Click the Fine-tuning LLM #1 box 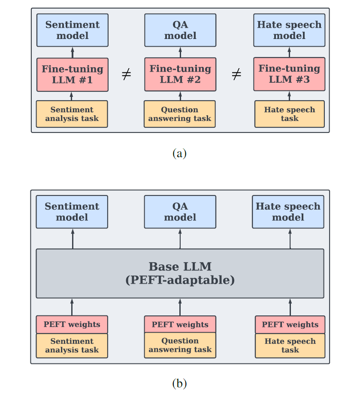[x=72, y=75]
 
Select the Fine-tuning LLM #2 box [x=180, y=75]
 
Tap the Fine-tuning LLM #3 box [x=289, y=74]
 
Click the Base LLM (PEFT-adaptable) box [x=180, y=273]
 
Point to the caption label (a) [x=179, y=153]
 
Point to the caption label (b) [x=179, y=384]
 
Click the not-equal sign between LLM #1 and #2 [x=126, y=75]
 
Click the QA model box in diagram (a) [x=180, y=30]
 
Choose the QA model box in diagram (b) [x=180, y=212]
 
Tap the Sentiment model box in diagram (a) [x=72, y=30]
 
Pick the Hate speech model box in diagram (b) [x=288, y=212]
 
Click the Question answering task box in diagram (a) [x=179, y=114]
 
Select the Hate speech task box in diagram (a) [x=290, y=114]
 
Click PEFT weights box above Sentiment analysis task [x=72, y=324]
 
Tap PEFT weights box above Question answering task [x=180, y=324]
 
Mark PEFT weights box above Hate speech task [x=290, y=324]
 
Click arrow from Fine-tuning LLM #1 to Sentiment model [x=72, y=52]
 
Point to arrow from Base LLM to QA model [x=180, y=239]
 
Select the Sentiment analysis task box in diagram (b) [x=72, y=346]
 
